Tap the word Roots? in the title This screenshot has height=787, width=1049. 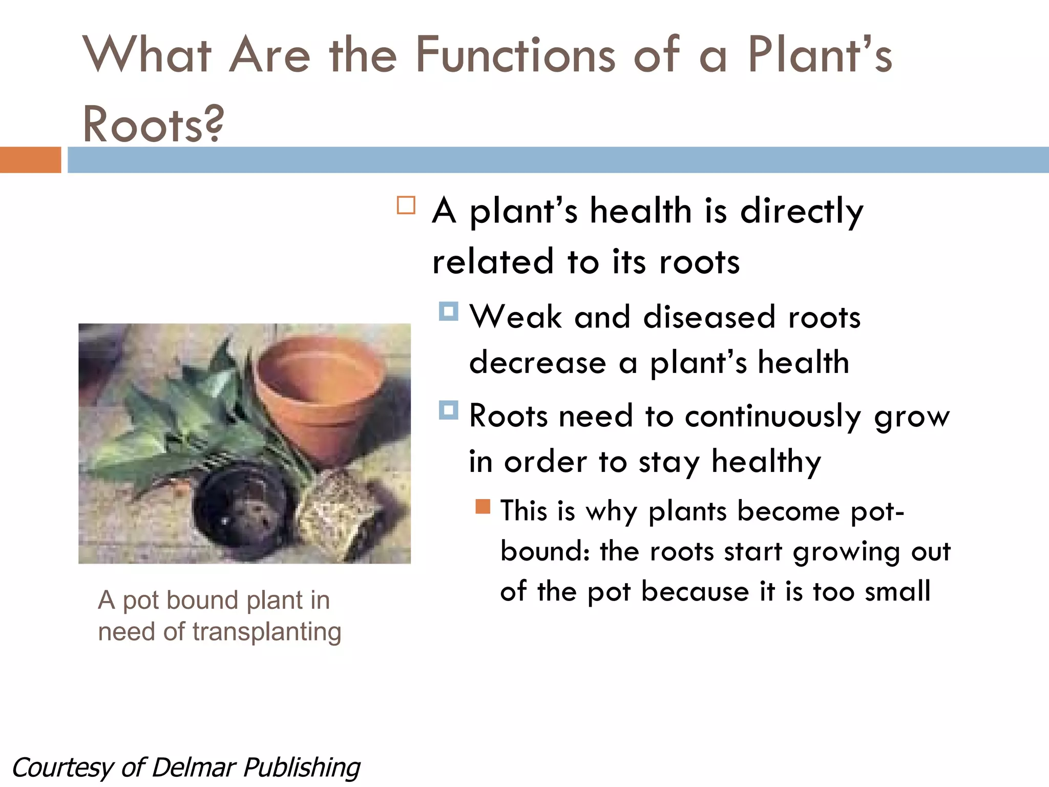tap(153, 125)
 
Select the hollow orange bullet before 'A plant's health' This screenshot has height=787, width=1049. tap(406, 205)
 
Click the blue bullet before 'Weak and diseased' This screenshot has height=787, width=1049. tap(448, 311)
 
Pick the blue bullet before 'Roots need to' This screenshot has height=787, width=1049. tap(448, 410)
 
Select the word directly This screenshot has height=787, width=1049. tap(802, 211)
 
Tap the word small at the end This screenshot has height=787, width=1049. tap(897, 591)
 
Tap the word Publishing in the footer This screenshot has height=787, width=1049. tap(302, 768)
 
